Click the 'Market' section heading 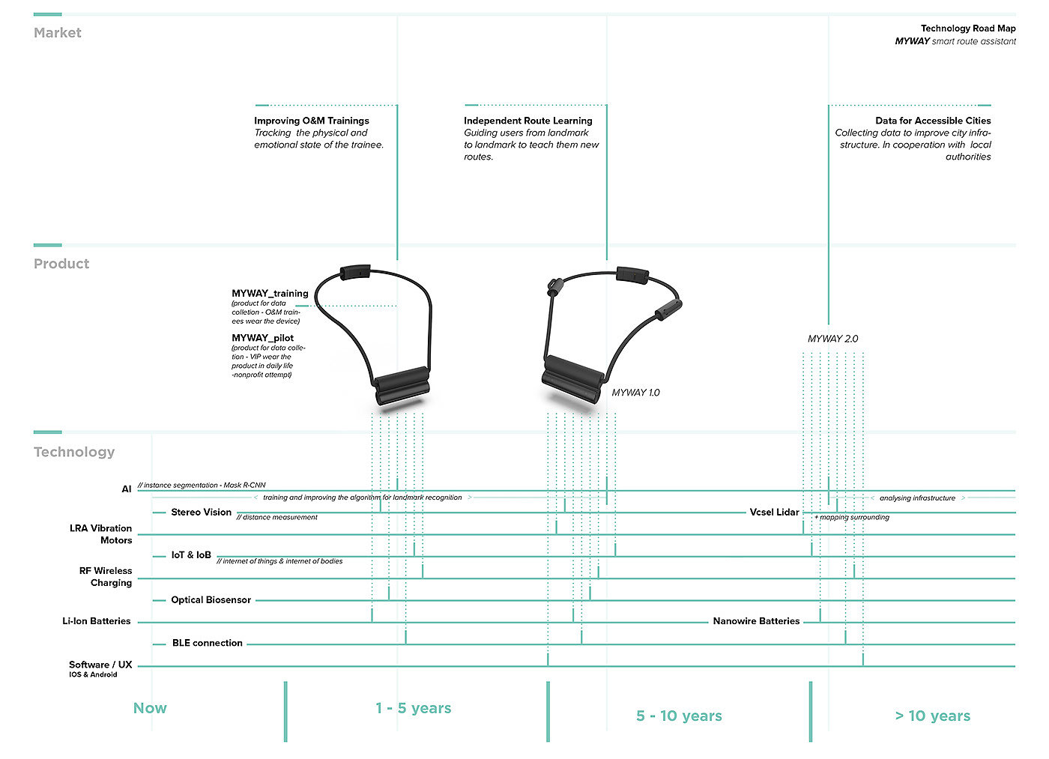point(58,33)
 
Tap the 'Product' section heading point(61,264)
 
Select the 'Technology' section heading point(74,453)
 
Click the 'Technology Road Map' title point(968,28)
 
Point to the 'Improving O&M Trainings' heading point(312,121)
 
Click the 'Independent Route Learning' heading point(527,121)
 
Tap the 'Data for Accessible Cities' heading point(933,121)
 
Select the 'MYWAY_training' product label point(270,294)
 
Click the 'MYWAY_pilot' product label point(263,338)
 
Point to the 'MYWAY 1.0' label point(635,393)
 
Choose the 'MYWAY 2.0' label point(832,339)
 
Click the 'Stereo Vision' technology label point(202,512)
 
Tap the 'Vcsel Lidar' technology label point(774,512)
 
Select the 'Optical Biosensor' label point(211,600)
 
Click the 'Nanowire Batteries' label point(756,621)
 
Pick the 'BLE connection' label point(207,644)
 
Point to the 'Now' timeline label point(150,709)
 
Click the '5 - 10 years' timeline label point(679,716)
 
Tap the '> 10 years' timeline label point(932,716)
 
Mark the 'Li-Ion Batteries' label point(97,621)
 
